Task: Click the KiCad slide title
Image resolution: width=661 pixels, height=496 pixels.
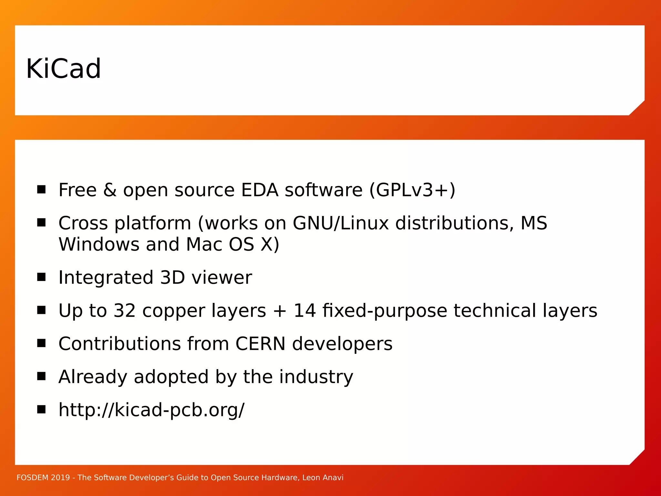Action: pos(64,69)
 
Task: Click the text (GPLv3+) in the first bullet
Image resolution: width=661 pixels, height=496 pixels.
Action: pos(412,190)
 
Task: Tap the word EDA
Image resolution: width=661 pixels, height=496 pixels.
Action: pos(259,190)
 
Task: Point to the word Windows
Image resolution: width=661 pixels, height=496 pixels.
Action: pos(99,244)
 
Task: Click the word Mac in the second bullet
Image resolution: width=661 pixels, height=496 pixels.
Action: pos(204,244)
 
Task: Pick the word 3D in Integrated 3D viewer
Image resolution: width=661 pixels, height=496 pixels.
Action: pos(172,277)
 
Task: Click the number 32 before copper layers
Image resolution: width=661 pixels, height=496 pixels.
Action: pos(125,311)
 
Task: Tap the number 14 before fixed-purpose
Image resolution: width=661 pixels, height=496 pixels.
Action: pos(304,311)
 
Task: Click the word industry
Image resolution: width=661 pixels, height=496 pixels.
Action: pos(316,377)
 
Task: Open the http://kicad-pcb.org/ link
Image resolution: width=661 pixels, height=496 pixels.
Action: pos(151,410)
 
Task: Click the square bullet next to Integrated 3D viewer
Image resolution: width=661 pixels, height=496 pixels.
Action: pos(41,277)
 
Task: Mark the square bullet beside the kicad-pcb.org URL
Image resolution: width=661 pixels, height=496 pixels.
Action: pos(41,409)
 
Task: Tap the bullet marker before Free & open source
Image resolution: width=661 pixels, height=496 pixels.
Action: pos(41,189)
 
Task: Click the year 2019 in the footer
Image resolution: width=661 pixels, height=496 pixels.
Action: pos(60,478)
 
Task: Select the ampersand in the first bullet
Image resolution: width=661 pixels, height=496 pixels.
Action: pos(110,190)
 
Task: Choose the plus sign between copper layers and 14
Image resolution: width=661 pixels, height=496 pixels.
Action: pos(280,311)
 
